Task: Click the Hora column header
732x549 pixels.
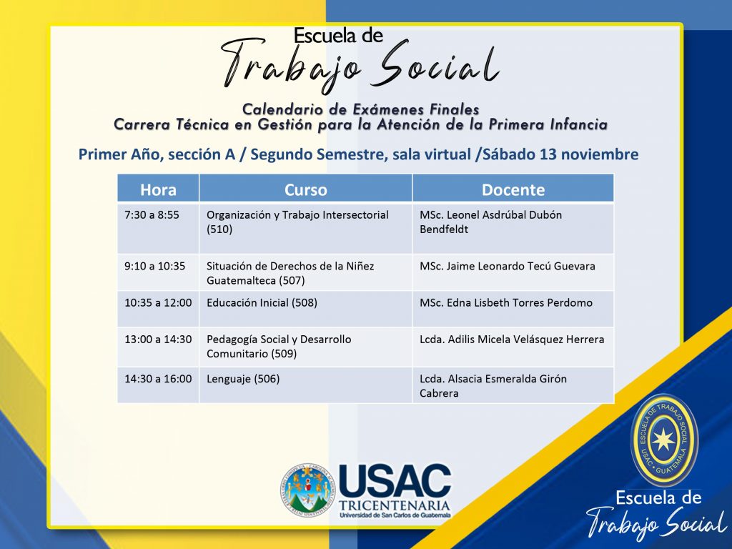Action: (158, 190)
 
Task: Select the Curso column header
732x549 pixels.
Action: (306, 190)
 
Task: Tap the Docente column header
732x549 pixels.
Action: (513, 190)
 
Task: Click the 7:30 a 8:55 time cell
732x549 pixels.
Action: (152, 215)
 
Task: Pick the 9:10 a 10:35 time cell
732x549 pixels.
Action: (154, 266)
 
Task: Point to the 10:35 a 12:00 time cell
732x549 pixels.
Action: (158, 302)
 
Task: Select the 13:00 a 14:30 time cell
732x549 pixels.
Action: (158, 340)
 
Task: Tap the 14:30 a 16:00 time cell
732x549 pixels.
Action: (158, 379)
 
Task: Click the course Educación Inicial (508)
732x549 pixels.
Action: (262, 303)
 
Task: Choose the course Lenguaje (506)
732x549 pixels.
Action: (243, 379)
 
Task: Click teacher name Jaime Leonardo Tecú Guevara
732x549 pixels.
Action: (520, 266)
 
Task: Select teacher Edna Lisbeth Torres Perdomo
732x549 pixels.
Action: (520, 302)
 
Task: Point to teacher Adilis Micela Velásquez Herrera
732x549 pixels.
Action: (526, 340)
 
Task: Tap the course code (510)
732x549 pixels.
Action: (219, 229)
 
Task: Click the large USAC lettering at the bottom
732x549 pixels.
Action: (395, 481)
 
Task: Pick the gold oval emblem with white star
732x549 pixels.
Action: (664, 438)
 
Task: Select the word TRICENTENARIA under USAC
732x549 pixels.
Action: (395, 505)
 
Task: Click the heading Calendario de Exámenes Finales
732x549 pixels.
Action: (360, 109)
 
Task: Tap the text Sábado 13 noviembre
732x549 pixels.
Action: (560, 154)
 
